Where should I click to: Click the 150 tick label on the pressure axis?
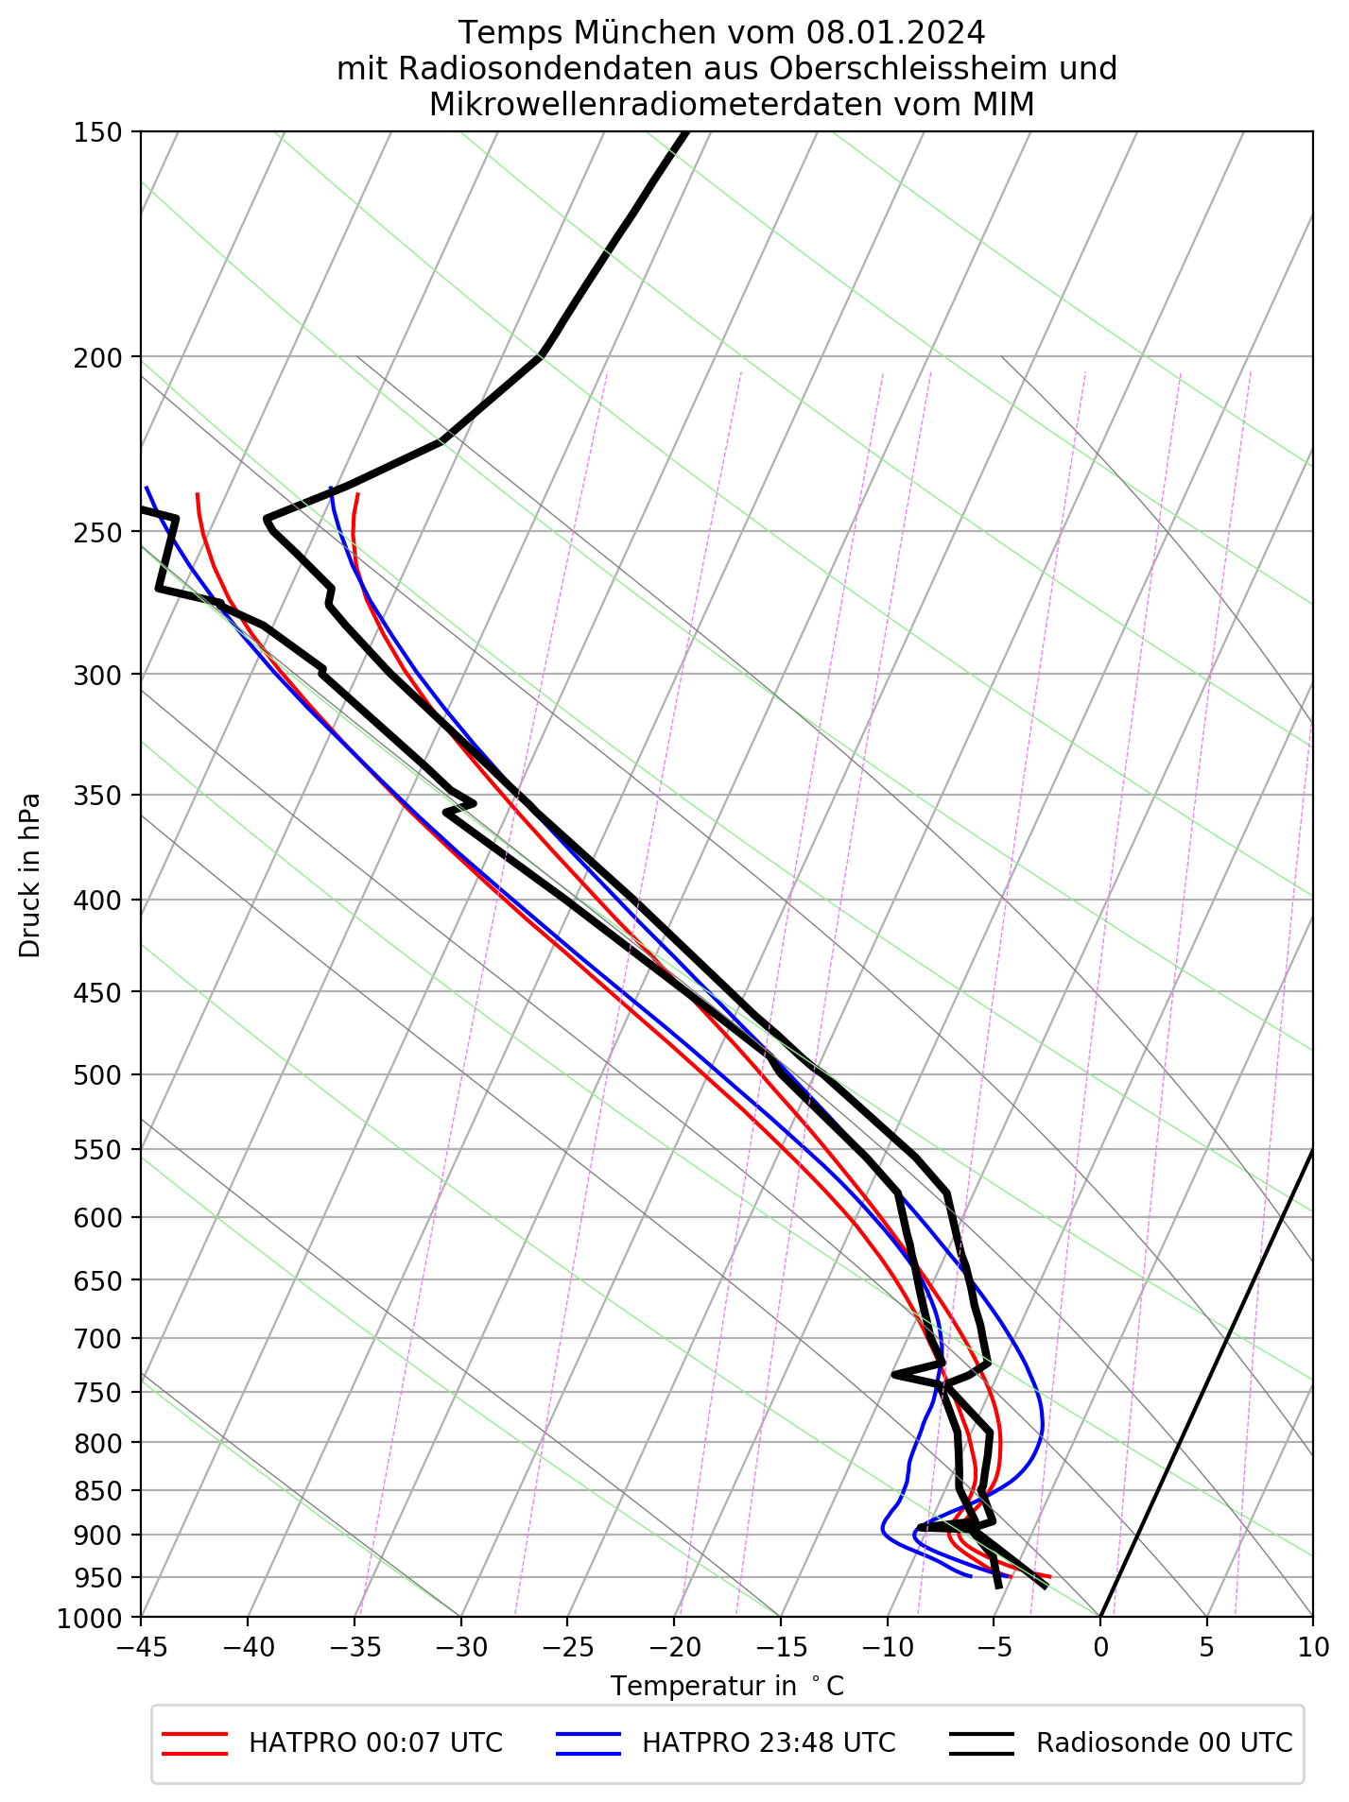(x=96, y=132)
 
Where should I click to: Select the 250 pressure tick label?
(x=96, y=532)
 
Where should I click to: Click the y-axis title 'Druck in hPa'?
(x=30, y=874)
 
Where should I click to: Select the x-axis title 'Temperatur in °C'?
(x=726, y=1687)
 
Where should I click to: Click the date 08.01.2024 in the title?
(x=895, y=33)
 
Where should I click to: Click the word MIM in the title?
(x=1004, y=104)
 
